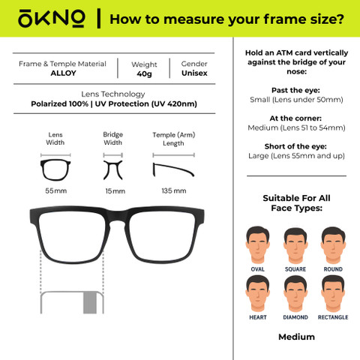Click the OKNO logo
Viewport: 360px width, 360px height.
pyautogui.click(x=52, y=19)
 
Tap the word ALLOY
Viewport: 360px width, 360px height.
pyautogui.click(x=63, y=73)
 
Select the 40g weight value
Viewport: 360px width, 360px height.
pyautogui.click(x=144, y=74)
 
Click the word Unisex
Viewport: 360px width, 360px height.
pyautogui.click(x=194, y=73)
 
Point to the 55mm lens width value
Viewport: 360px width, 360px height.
pyautogui.click(x=56, y=191)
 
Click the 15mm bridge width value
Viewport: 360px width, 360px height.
pyautogui.click(x=115, y=191)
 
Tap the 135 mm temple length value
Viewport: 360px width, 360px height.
pyautogui.click(x=174, y=191)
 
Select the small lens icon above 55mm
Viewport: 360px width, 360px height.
pyautogui.click(x=55, y=170)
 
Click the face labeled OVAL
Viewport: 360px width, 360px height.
pyautogui.click(x=257, y=244)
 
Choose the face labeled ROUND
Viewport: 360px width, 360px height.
pyautogui.click(x=333, y=245)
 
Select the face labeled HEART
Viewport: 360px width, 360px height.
pyautogui.click(x=257, y=294)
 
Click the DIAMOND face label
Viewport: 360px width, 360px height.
pyautogui.click(x=295, y=317)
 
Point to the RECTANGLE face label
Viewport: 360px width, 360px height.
pyautogui.click(x=333, y=317)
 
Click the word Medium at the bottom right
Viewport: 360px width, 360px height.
pyautogui.click(x=296, y=337)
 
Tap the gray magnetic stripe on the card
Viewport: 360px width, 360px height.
pyautogui.click(x=90, y=302)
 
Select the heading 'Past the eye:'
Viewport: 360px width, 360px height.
pyautogui.click(x=295, y=90)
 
